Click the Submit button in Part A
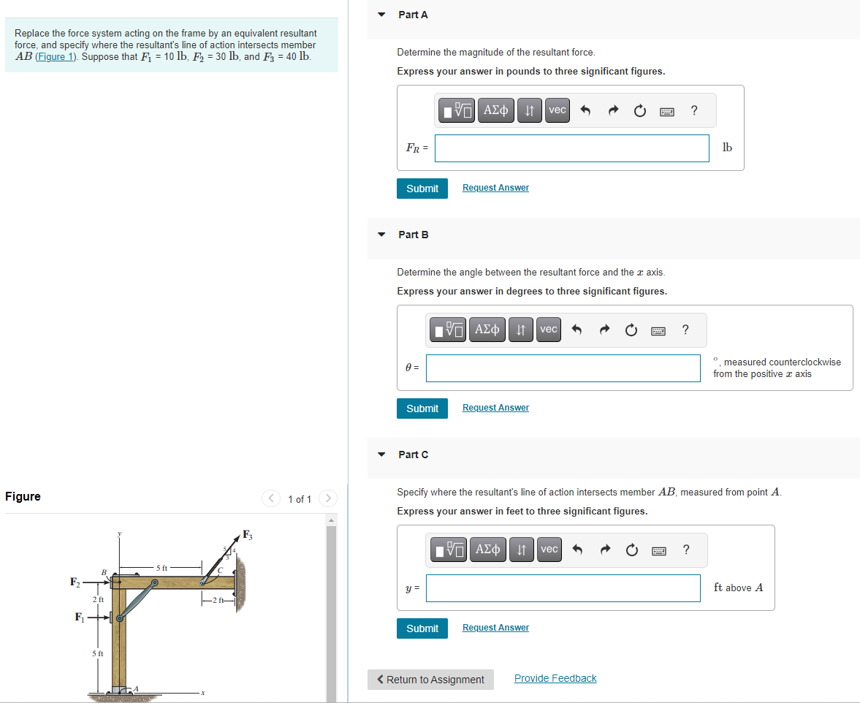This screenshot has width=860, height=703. pyautogui.click(x=422, y=189)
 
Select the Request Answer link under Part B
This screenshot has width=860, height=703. pyautogui.click(x=495, y=408)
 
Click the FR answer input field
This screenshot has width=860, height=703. pyautogui.click(x=571, y=148)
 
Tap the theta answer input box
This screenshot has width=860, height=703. pyautogui.click(x=563, y=368)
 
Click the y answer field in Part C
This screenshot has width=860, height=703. pyautogui.click(x=563, y=588)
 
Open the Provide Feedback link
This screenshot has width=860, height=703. pyautogui.click(x=555, y=678)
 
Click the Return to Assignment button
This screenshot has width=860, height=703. pyautogui.click(x=430, y=680)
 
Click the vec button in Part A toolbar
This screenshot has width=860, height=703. pyautogui.click(x=557, y=110)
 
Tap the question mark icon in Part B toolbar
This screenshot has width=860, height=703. pyautogui.click(x=685, y=330)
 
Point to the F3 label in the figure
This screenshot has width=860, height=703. pyautogui.click(x=248, y=533)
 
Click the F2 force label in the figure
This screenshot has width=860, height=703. pyautogui.click(x=75, y=582)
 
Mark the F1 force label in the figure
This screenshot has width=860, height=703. pyautogui.click(x=80, y=617)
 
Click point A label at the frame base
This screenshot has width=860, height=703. pyautogui.click(x=136, y=688)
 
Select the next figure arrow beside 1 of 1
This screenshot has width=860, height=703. pyautogui.click(x=328, y=499)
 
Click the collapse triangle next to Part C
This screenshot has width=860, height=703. pyautogui.click(x=381, y=455)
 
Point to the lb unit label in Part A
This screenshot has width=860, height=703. pyautogui.click(x=726, y=148)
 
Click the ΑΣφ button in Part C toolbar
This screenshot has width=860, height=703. pyautogui.click(x=488, y=550)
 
